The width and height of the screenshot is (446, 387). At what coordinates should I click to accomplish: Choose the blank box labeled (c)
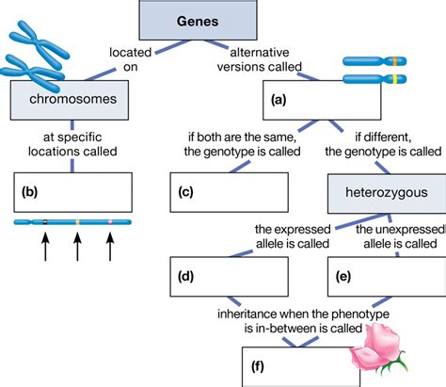pos(231,194)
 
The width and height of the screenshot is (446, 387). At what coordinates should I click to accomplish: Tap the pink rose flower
pos(376,354)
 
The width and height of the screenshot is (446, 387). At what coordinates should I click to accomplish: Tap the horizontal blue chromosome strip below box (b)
pos(73,223)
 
